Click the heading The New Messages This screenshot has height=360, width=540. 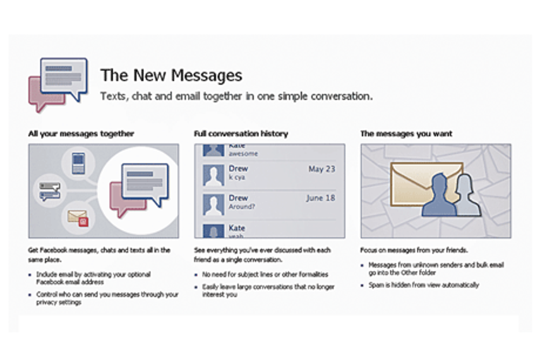171,76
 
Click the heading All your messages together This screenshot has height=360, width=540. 81,134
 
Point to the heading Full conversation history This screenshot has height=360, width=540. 241,134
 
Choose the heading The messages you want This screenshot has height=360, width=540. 406,134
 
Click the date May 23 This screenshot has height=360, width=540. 321,169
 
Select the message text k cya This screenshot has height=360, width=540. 237,177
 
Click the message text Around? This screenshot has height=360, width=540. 242,207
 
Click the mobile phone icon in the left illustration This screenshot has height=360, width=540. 79,162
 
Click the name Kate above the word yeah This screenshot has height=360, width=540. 237,227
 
